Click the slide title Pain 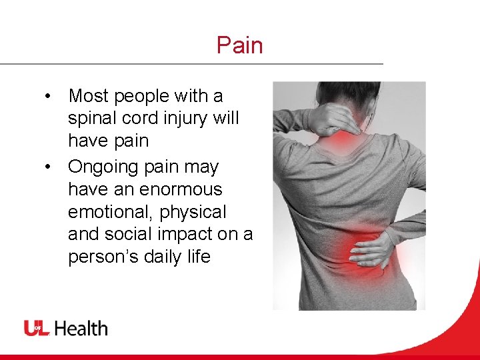[239, 45]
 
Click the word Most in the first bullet [89, 96]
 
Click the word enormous [179, 189]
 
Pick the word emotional [111, 212]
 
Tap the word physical [194, 212]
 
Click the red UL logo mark [37, 328]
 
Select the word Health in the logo [81, 328]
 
